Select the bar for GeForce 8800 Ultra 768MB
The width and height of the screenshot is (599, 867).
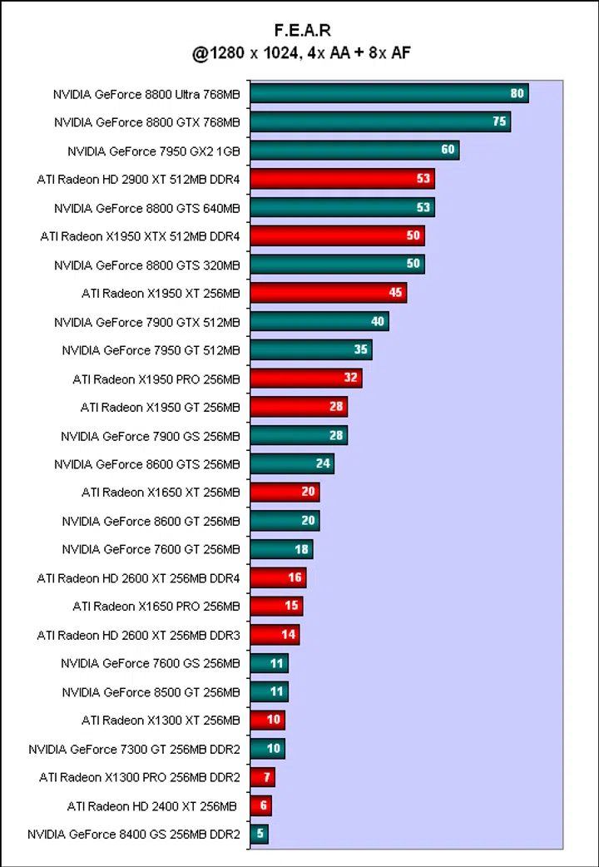389,93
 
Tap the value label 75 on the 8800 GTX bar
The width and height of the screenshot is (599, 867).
499,121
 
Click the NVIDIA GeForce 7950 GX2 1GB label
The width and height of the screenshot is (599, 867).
153,151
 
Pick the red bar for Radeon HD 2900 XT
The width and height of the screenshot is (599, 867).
342,179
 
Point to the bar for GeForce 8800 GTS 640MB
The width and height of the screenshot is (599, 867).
342,207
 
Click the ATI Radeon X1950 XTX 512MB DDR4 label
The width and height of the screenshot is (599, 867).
140,236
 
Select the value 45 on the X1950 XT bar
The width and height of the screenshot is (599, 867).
395,293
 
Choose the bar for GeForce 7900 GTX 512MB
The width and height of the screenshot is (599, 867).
319,321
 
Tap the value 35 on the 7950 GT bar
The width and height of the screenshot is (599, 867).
361,350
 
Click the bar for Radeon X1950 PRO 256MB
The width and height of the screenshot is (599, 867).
305,379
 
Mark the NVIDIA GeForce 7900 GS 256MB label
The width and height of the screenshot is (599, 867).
150,436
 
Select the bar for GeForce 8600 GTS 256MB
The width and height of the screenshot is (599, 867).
291,463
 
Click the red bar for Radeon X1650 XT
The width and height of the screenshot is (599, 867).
285,492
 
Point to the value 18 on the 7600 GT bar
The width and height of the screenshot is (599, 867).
302,549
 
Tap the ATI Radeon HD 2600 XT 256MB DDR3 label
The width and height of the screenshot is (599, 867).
138,635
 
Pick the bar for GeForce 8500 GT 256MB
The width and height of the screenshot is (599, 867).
269,691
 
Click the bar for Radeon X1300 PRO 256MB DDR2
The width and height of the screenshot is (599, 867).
262,777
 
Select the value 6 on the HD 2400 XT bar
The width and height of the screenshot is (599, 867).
263,805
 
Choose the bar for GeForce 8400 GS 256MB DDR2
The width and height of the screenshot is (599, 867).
259,834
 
